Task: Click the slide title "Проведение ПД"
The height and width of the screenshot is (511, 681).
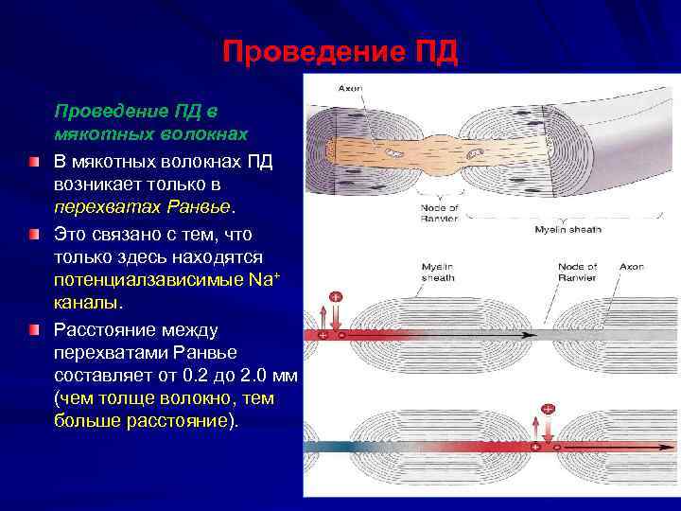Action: click(340, 52)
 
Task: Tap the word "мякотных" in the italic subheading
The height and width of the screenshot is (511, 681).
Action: click(92, 134)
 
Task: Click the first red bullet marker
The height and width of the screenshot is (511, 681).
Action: click(33, 162)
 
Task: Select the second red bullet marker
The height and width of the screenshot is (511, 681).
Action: click(33, 233)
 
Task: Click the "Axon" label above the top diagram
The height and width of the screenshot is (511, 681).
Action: click(350, 88)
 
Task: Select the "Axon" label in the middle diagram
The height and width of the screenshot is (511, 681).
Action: click(631, 267)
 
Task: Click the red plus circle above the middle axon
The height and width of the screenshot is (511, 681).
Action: click(335, 296)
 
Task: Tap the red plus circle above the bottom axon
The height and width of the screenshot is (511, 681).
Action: click(548, 409)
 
